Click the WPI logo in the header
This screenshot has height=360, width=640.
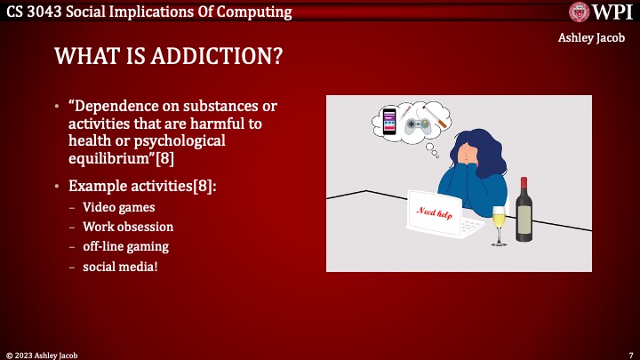point(600,12)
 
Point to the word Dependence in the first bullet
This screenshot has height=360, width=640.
point(124,107)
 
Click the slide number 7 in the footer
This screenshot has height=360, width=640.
point(630,354)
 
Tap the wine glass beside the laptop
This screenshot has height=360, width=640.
point(499,224)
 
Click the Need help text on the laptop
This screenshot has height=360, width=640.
point(436,212)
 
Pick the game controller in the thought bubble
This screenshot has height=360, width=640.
point(416,126)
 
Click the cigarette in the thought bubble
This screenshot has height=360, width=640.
point(437,116)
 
